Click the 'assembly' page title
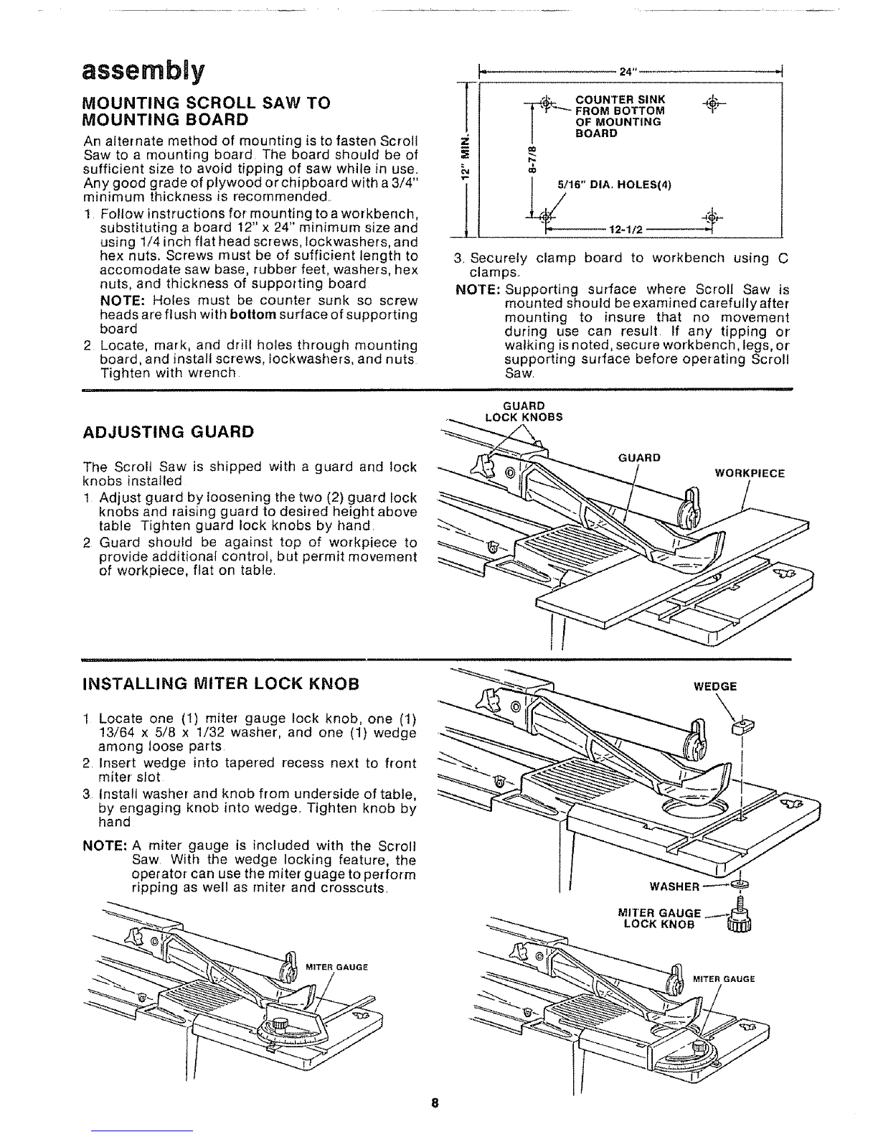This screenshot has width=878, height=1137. (143, 71)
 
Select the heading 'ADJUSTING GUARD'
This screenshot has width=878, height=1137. (169, 431)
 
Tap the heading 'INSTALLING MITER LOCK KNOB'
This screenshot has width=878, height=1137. (221, 684)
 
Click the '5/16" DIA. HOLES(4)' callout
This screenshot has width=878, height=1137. (614, 184)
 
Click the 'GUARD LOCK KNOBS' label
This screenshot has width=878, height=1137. (524, 411)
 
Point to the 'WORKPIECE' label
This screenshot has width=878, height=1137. (750, 474)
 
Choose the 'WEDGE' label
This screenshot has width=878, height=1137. (715, 686)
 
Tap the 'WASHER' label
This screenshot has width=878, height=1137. (674, 886)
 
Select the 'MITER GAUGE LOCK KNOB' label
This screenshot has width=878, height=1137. (659, 918)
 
